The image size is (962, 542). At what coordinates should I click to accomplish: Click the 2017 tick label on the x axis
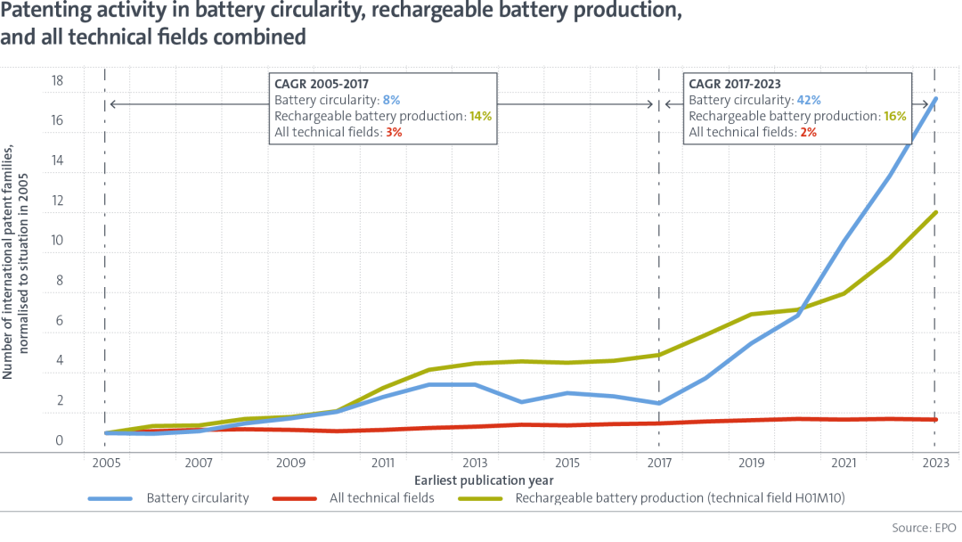point(659,463)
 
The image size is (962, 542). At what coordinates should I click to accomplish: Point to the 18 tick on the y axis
point(57,80)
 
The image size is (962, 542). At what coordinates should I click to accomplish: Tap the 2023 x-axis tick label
point(935,463)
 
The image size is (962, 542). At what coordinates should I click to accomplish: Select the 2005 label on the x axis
point(106,463)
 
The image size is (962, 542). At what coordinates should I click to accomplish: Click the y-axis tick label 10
point(57,240)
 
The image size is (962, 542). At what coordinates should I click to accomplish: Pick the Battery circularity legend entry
point(168,497)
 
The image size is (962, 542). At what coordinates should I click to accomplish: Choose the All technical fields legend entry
point(354,497)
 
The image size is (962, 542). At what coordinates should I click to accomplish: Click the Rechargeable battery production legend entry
point(651,497)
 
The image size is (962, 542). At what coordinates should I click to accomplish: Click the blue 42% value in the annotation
point(809,100)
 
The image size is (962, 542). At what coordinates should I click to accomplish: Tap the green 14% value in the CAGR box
point(480,116)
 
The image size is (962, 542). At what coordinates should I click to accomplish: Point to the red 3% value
point(394,132)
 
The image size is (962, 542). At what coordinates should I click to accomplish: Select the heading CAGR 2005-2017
point(322,84)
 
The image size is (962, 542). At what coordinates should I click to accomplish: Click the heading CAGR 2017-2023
point(735,84)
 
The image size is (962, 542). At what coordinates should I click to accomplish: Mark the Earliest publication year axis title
point(484,480)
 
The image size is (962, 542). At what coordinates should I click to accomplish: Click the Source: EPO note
point(924,527)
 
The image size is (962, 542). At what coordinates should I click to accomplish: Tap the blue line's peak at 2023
point(935,98)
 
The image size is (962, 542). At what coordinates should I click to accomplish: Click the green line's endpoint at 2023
point(935,212)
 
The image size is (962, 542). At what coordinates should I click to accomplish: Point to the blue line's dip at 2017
point(659,403)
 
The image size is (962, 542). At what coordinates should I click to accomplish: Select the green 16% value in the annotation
point(895,116)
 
